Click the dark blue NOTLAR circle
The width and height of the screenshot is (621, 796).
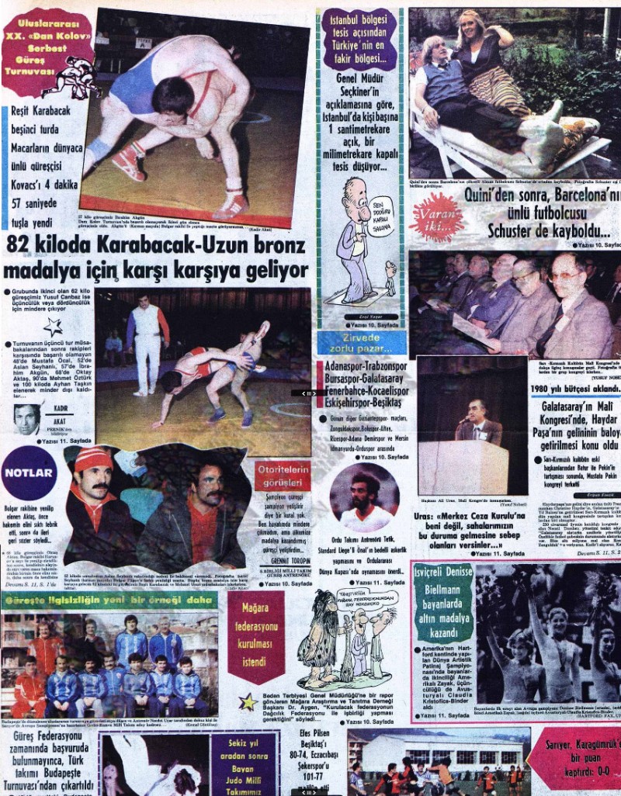click(x=29, y=473)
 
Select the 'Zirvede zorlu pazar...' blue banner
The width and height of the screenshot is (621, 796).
click(x=361, y=343)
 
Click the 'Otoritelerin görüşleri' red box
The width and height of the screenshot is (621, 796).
click(x=282, y=476)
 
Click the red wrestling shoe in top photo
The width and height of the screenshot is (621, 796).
click(x=127, y=162)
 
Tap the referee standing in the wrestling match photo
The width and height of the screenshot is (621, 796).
click(x=147, y=330)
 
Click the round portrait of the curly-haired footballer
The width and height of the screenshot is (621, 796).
click(x=363, y=498)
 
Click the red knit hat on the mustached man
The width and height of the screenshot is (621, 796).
click(x=93, y=459)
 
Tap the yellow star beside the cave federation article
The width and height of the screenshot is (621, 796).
click(x=248, y=702)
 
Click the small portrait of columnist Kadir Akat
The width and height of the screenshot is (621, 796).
click(x=28, y=419)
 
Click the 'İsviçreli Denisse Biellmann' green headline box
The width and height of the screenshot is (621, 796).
click(x=443, y=602)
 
